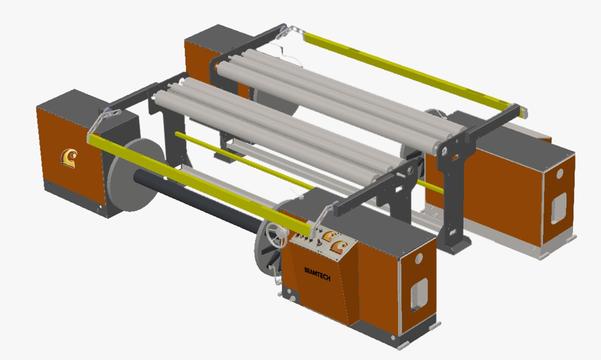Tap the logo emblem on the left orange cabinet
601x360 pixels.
[x=69, y=155]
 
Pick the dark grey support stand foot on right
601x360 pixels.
[x=456, y=241]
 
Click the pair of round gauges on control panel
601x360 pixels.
[x=334, y=240]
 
